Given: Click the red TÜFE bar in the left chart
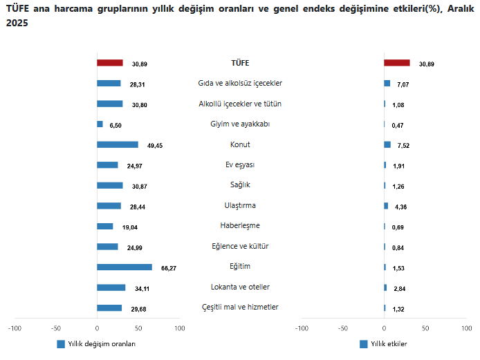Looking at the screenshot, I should point(109,63).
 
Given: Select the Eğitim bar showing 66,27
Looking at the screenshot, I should point(124,267).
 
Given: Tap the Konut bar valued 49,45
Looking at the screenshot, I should point(118,145).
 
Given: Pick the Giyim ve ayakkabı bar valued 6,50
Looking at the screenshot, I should point(100,124).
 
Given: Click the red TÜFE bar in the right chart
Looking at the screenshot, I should point(396,63).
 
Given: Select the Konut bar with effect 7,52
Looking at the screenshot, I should point(387,145).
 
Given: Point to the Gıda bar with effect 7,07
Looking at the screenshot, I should point(387,84).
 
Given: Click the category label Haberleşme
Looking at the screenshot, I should point(240,225).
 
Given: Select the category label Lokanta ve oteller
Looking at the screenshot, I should point(240,287).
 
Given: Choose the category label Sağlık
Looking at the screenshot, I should point(240,184).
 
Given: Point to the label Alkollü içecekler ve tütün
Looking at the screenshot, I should point(240,104).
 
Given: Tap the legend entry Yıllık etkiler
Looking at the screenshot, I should point(383,343).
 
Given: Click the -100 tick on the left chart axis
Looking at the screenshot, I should point(15,328).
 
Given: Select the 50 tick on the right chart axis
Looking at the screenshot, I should point(425,328).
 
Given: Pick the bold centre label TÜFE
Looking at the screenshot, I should point(240,63).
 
